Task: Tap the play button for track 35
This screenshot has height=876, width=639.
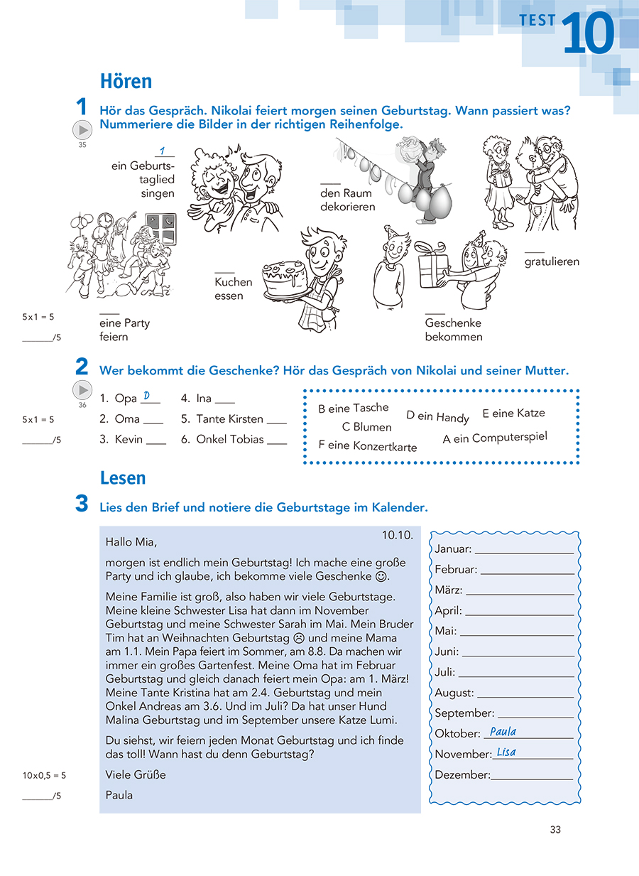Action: pos(83,131)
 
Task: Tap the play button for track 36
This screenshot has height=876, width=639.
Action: pos(83,390)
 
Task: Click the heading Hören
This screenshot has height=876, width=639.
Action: pos(126,82)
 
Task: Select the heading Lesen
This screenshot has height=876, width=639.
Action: pos(123,478)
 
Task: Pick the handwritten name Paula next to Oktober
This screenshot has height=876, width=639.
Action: pos(503,732)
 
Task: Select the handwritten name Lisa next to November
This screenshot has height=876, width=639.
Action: pos(506,752)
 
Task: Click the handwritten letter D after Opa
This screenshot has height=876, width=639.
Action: pos(146,396)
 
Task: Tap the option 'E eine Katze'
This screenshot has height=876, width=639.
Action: pos(513,413)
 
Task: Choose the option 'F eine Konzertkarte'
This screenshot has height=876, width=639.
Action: pos(367,446)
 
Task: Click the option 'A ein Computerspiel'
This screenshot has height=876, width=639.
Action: pos(495,438)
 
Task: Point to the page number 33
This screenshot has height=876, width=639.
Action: pos(555,829)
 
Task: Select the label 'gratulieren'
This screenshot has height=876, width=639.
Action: pos(552,261)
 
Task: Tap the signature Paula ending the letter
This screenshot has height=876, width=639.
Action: pos(119,795)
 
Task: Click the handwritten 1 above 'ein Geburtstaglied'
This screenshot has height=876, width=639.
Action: pos(163,151)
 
